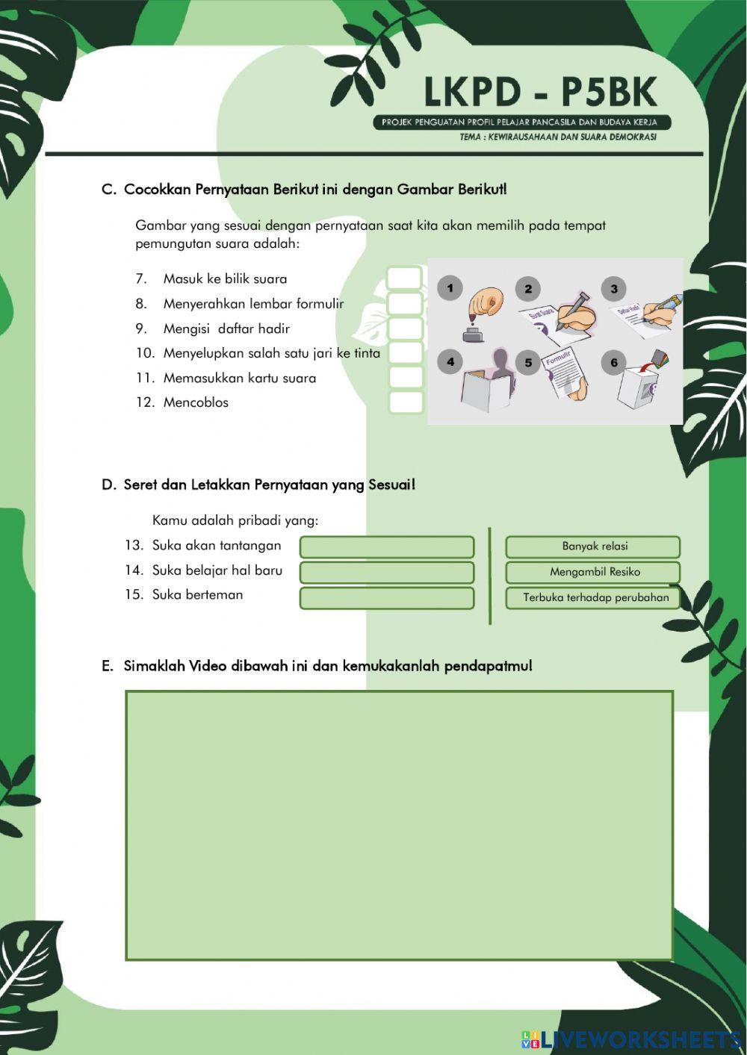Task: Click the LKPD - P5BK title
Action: point(540,93)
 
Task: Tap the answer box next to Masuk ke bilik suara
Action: point(406,278)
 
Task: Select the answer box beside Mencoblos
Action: point(406,402)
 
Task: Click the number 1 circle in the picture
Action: point(450,288)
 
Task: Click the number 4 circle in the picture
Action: point(450,362)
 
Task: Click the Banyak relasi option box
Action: point(593,547)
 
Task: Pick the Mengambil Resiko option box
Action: point(593,572)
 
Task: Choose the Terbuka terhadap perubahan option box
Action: point(593,597)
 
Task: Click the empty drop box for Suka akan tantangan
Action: point(387,547)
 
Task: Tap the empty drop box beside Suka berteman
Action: point(387,597)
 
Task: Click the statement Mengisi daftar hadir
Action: point(226,329)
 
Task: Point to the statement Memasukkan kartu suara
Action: point(239,378)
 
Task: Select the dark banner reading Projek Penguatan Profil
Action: point(521,122)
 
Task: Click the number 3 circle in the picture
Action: point(613,289)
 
